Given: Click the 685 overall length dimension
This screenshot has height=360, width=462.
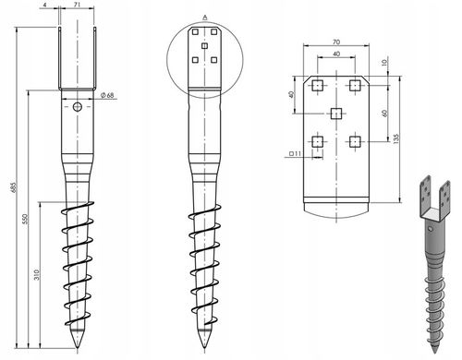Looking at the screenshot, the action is pyautogui.click(x=14, y=187).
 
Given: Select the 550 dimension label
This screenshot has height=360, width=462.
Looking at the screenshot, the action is pyautogui.click(x=25, y=219).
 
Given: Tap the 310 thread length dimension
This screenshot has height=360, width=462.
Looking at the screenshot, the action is pyautogui.click(x=37, y=274).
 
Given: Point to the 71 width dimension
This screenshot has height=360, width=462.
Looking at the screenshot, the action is pyautogui.click(x=78, y=4).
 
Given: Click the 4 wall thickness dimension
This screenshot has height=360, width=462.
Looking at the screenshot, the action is pyautogui.click(x=45, y=4).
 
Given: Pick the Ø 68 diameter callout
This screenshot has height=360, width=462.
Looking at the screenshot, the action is pyautogui.click(x=107, y=95).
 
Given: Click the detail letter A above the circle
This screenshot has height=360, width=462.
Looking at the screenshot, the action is pyautogui.click(x=205, y=18).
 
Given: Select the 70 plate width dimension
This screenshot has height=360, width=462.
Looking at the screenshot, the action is pyautogui.click(x=336, y=42).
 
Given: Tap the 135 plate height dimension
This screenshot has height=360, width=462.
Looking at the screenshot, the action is pyautogui.click(x=396, y=138).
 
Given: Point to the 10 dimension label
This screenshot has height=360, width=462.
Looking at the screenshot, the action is pyautogui.click(x=383, y=63).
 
